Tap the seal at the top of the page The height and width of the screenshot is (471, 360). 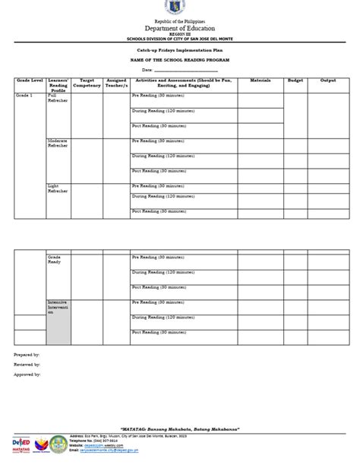tap(180, 10)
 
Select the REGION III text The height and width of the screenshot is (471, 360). tap(180, 36)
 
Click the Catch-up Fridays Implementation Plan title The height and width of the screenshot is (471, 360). tap(180, 49)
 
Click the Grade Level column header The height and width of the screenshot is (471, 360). tap(30, 80)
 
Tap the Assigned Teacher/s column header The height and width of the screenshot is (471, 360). tap(116, 82)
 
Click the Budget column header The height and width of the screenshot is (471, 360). tap(295, 79)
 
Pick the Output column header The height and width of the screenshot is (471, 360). tap(327, 79)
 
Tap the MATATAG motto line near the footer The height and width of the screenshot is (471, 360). tap(180, 428)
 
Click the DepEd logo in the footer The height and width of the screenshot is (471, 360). tap(22, 443)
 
